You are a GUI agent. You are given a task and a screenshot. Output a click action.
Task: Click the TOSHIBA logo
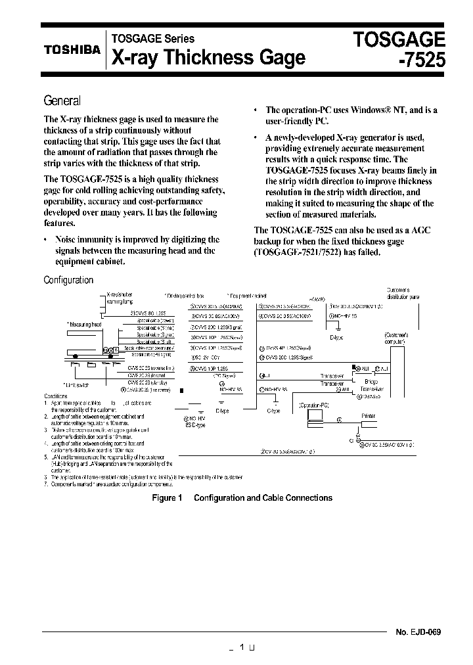pos(72,49)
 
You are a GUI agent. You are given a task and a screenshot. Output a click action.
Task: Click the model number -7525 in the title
pos(420,60)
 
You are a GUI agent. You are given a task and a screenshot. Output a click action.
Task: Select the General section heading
pos(62,101)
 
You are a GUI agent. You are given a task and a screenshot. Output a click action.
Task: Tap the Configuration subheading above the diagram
pos(68,280)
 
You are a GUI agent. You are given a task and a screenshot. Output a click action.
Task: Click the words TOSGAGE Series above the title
pos(152,39)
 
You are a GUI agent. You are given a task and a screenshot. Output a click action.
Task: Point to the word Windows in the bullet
pos(370,110)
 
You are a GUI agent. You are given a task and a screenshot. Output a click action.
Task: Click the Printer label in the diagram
pos(369,416)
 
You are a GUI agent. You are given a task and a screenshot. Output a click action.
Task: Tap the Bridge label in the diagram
pos(371,382)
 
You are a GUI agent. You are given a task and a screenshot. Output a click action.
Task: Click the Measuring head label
pos(83,324)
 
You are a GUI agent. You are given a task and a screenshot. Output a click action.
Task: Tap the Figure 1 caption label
pos(166,498)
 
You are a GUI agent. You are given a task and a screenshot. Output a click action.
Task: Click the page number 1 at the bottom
pos(242,647)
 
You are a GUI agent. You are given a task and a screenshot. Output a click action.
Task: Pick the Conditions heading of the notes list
pos(55,396)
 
